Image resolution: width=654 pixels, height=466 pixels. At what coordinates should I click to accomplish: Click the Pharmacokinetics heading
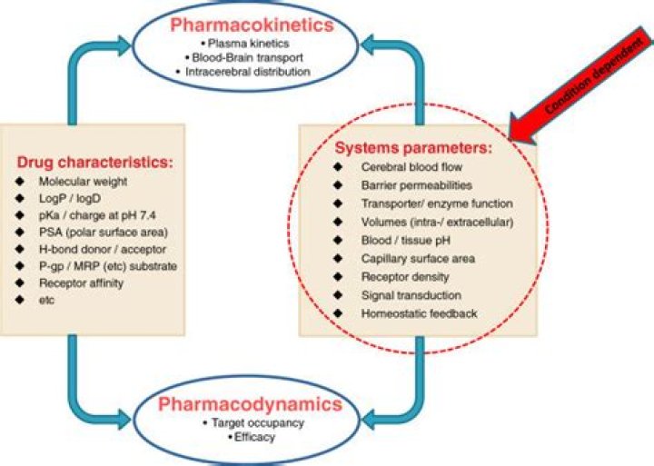(x=252, y=25)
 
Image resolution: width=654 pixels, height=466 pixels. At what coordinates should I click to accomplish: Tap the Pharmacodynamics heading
(x=251, y=404)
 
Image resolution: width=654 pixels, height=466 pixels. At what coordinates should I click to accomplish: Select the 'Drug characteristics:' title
(x=94, y=162)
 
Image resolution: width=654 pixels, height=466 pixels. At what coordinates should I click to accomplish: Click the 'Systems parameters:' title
(x=413, y=148)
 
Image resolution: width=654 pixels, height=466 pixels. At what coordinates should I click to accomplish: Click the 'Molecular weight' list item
(x=83, y=182)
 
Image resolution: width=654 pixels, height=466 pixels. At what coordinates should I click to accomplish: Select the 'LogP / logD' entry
(x=70, y=199)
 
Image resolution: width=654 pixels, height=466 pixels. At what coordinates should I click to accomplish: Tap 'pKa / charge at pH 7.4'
(x=97, y=215)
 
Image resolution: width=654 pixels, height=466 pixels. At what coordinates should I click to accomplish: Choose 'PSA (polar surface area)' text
(x=103, y=233)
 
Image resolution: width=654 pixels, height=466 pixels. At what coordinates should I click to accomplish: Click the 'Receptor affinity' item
(x=81, y=283)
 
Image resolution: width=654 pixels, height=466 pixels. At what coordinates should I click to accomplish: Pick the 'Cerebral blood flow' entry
(x=411, y=167)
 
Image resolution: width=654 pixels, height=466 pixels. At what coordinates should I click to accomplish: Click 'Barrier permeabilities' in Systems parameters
(x=417, y=185)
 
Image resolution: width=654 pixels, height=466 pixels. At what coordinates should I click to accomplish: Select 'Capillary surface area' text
(x=418, y=259)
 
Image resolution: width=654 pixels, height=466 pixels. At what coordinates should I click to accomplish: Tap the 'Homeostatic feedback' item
(x=419, y=313)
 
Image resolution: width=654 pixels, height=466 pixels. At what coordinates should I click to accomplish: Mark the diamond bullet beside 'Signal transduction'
(x=338, y=295)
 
